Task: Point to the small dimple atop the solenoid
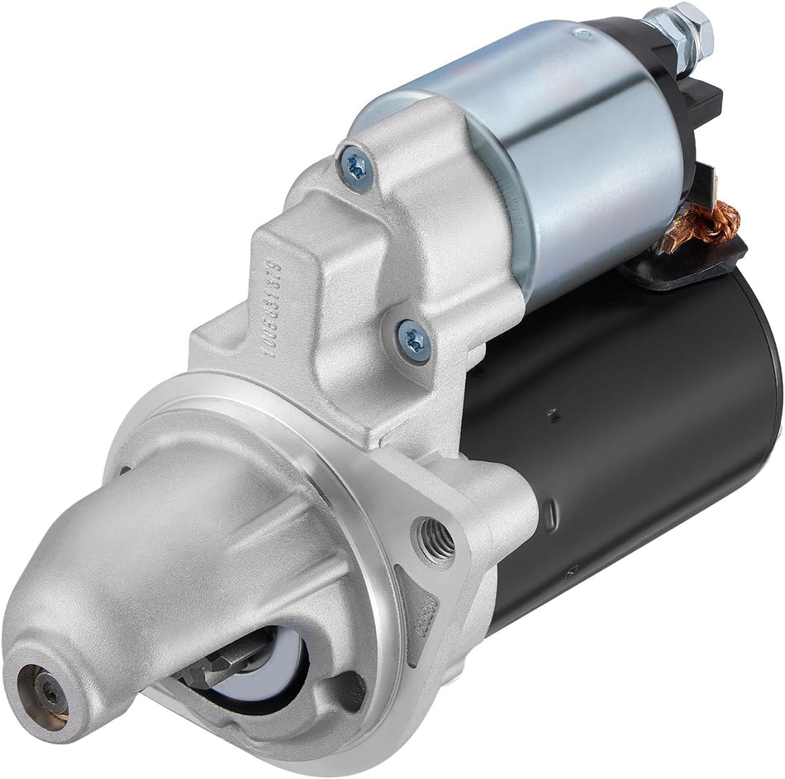tap(583, 34)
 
